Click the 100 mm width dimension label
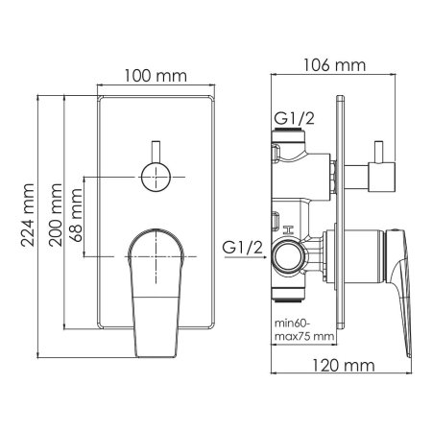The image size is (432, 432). (156, 76)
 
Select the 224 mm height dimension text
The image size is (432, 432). (28, 215)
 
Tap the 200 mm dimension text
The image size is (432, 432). (56, 215)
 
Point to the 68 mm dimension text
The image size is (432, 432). (76, 215)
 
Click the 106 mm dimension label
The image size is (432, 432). (334, 65)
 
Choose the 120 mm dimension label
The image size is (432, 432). (343, 365)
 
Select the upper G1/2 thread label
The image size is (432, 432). (295, 118)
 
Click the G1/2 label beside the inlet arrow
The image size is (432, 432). (243, 248)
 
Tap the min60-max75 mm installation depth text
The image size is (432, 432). (304, 329)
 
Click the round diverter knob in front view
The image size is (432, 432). (156, 177)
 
